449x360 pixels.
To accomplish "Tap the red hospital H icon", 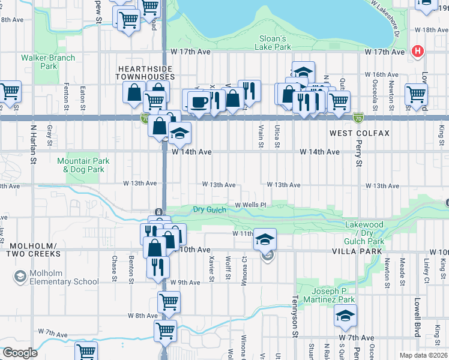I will pyautogui.click(x=416, y=52).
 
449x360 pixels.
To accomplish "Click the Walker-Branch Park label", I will pyautogui.click(x=48, y=62).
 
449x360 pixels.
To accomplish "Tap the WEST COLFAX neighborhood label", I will pyautogui.click(x=360, y=133).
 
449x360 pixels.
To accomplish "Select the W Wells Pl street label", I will pyautogui.click(x=250, y=205).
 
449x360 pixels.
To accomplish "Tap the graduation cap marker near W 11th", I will pyautogui.click(x=265, y=239).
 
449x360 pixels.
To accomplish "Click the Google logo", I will pyautogui.click(x=19, y=353).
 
